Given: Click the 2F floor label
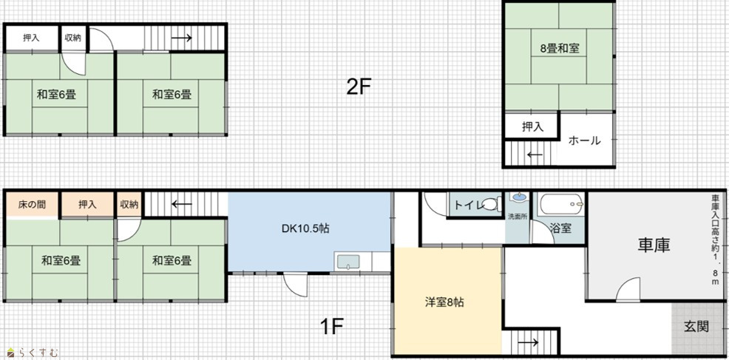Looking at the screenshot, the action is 358,86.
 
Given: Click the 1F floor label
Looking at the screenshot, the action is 332,327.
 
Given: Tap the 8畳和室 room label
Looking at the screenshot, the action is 559,48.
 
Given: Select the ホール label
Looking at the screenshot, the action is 584,140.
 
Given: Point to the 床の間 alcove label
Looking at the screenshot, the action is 32,204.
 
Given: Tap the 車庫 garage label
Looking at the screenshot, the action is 654,245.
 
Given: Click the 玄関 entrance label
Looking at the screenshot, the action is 696,326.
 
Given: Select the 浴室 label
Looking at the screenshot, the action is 560,228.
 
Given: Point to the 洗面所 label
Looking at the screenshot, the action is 518,217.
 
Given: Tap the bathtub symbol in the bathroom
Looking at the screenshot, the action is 561,203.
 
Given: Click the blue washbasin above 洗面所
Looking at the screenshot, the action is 518,197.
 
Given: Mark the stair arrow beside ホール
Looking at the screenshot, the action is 535,154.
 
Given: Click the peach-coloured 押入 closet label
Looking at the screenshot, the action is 87,204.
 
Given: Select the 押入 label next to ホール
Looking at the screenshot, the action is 532,126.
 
